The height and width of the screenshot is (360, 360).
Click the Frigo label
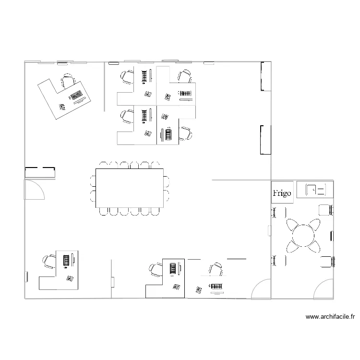tap(282, 193)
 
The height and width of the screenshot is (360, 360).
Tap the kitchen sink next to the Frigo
tap(315, 189)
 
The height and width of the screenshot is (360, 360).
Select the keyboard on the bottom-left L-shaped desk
tap(66, 260)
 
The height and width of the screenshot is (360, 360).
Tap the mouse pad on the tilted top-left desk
tap(61, 108)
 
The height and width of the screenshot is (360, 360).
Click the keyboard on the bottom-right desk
tap(216, 287)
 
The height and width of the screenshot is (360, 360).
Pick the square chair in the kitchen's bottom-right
tap(326, 262)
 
